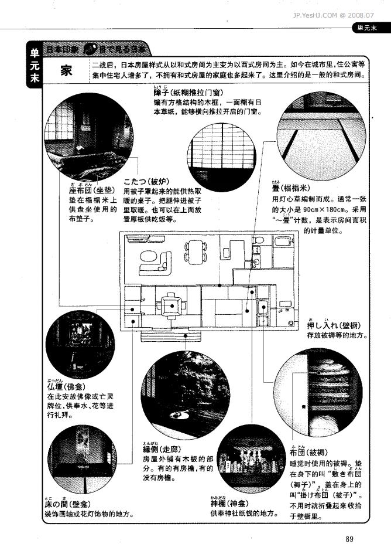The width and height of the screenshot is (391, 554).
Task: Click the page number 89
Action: click(x=351, y=539)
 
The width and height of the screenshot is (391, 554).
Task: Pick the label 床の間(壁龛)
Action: click(x=65, y=504)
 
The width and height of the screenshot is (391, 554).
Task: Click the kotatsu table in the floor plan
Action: click(x=172, y=305)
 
